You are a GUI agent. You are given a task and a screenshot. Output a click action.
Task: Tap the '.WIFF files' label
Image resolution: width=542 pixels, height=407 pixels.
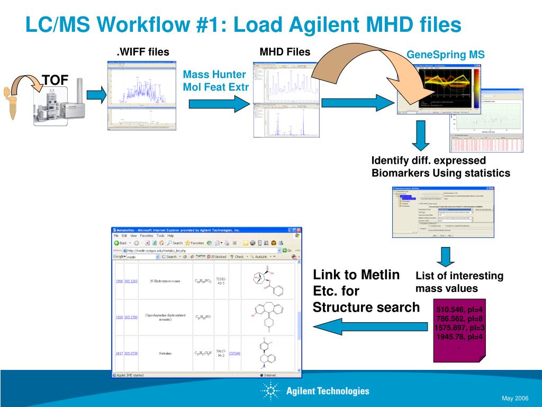143,52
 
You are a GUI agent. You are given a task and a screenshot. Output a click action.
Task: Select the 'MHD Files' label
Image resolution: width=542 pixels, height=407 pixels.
285,52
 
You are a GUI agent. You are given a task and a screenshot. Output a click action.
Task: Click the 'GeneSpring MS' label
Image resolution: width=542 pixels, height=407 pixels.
445,55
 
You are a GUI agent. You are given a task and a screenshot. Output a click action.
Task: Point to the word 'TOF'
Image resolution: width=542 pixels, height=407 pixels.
55,80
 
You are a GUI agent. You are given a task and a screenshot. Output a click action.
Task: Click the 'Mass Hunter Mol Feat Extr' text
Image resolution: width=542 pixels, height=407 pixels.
215,81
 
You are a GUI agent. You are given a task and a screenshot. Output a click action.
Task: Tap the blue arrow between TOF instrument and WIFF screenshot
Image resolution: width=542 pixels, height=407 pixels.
96,95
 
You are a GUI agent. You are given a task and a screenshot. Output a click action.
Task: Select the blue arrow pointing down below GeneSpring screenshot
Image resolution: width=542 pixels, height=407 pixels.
421,135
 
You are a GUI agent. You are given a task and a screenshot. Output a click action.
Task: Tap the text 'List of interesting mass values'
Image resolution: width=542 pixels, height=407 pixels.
459,282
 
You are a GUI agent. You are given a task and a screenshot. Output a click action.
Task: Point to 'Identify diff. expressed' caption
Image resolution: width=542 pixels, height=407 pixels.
429,161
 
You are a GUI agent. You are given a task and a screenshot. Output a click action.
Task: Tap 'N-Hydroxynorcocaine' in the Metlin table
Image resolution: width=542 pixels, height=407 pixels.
165,281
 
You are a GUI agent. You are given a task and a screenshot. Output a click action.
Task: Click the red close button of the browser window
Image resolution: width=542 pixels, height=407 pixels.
298,231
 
